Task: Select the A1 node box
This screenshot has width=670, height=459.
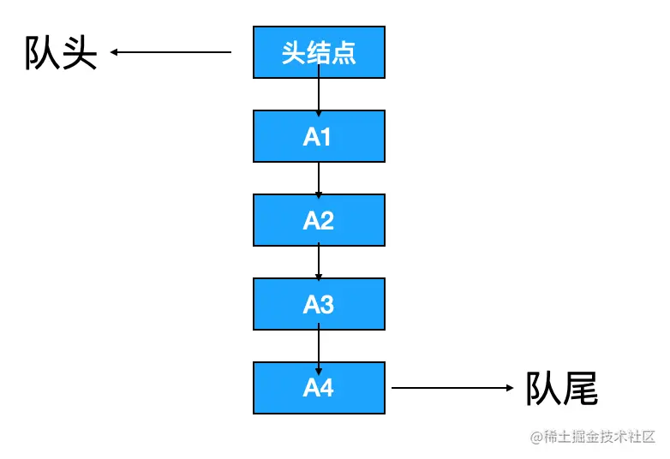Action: [x=319, y=136]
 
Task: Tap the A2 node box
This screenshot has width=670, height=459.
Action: [x=319, y=220]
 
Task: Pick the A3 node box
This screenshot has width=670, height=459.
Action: [x=319, y=304]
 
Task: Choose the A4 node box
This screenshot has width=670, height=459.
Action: [x=319, y=388]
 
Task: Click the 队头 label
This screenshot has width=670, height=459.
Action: [x=60, y=53]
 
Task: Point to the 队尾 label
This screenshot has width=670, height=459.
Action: [x=561, y=388]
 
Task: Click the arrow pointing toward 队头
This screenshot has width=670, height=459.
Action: [x=171, y=52]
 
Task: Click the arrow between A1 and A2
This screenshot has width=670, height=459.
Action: [x=319, y=178]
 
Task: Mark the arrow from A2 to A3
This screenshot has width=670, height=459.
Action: [x=319, y=262]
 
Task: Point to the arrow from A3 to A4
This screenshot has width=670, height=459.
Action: [x=319, y=346]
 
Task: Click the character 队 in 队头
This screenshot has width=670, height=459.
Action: [x=41, y=53]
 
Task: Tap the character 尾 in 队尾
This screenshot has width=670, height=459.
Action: [x=580, y=388]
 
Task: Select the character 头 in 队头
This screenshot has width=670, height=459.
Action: [x=79, y=53]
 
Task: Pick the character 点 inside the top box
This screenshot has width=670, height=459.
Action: [x=344, y=53]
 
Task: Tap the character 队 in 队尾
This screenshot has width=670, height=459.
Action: [x=542, y=388]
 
